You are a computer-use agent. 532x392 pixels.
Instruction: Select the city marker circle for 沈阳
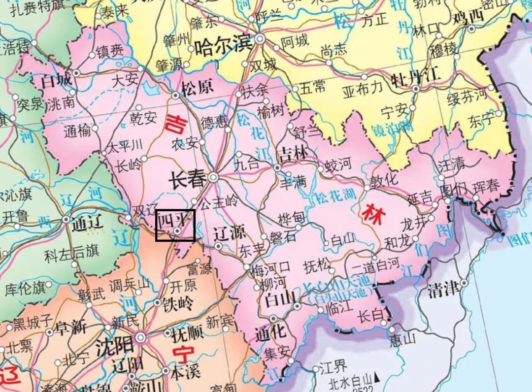click(141, 337)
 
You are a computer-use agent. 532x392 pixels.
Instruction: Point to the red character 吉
click(175, 123)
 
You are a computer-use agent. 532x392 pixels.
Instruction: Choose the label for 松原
click(197, 88)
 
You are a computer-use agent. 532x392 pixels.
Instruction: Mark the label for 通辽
click(87, 224)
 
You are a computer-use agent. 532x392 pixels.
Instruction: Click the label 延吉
click(420, 198)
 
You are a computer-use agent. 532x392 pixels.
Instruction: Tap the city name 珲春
click(486, 186)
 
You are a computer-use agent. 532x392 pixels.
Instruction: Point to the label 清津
click(443, 290)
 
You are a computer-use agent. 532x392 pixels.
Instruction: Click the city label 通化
click(270, 332)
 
